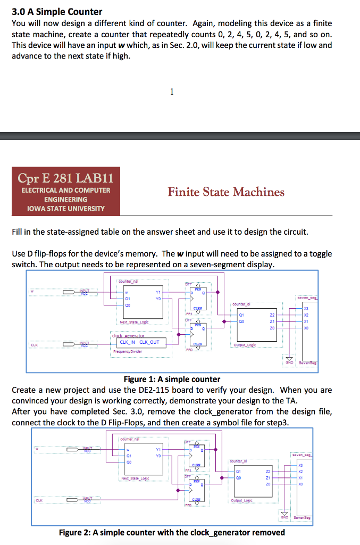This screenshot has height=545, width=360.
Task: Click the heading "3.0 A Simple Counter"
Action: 57,11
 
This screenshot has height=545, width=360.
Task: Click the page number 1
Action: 171,92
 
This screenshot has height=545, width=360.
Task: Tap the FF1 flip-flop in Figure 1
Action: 198,300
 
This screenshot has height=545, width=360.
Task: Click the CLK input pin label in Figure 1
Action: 34,344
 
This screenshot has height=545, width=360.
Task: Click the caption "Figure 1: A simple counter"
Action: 171,379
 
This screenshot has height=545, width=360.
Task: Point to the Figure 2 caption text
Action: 172,532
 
